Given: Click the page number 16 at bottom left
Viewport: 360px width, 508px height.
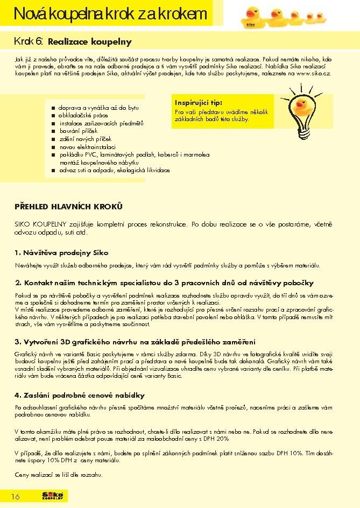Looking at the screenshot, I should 16,496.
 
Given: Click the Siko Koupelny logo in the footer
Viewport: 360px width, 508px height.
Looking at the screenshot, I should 53,496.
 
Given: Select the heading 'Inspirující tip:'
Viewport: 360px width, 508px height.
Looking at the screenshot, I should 199,102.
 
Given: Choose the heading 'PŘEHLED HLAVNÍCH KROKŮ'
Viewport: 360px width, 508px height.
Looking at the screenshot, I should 69,206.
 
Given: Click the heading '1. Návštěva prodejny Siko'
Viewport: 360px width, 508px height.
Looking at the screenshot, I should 62,252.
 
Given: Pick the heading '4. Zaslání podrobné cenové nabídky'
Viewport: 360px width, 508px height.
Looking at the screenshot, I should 80,395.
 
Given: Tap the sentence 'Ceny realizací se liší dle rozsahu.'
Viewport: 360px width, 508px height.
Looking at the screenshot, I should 59,475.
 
